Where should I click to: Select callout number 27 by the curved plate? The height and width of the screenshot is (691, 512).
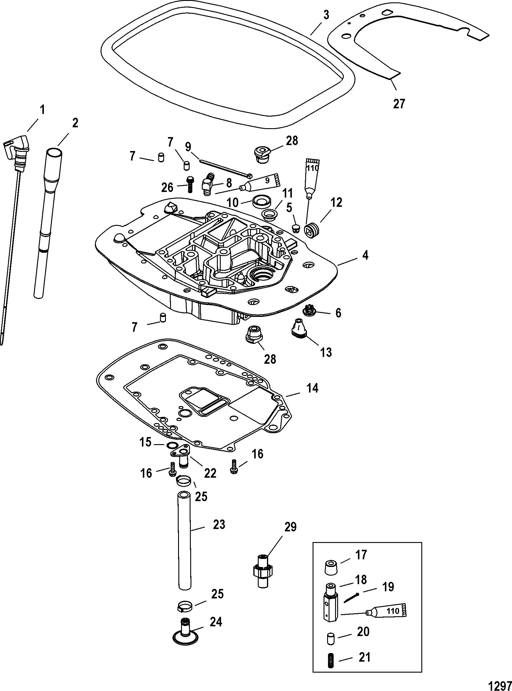coord(399,104)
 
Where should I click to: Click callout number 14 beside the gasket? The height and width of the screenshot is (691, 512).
coord(312,388)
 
